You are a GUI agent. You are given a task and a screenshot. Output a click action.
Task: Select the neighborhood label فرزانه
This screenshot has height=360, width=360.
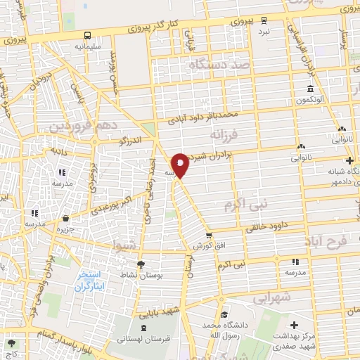tap(226, 134)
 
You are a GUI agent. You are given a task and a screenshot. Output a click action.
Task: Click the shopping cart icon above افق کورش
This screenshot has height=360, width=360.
tap(208, 235)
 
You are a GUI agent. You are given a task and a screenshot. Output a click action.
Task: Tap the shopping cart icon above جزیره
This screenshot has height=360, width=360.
tap(65, 219)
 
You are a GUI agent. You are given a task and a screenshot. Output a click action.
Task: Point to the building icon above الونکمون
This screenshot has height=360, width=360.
tap(309, 89)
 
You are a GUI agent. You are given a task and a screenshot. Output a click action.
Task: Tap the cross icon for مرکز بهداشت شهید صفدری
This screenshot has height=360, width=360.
tap(294, 326)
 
